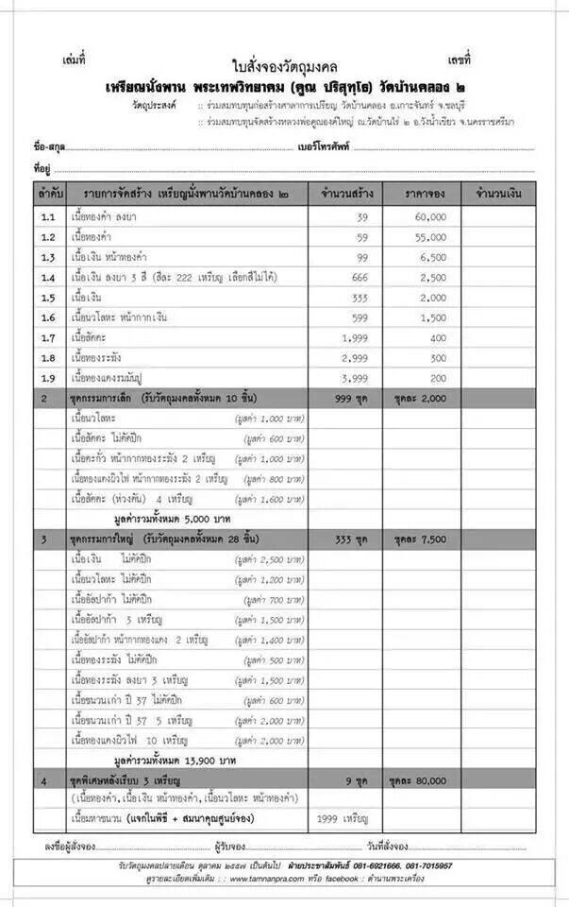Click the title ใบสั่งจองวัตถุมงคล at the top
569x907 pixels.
284,67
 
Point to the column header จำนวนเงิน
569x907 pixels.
499,193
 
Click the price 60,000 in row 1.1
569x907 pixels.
429,216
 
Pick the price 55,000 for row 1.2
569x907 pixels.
429,236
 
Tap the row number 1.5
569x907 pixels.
48,297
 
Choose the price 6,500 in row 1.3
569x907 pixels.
432,257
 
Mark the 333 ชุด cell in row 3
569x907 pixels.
349,539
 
